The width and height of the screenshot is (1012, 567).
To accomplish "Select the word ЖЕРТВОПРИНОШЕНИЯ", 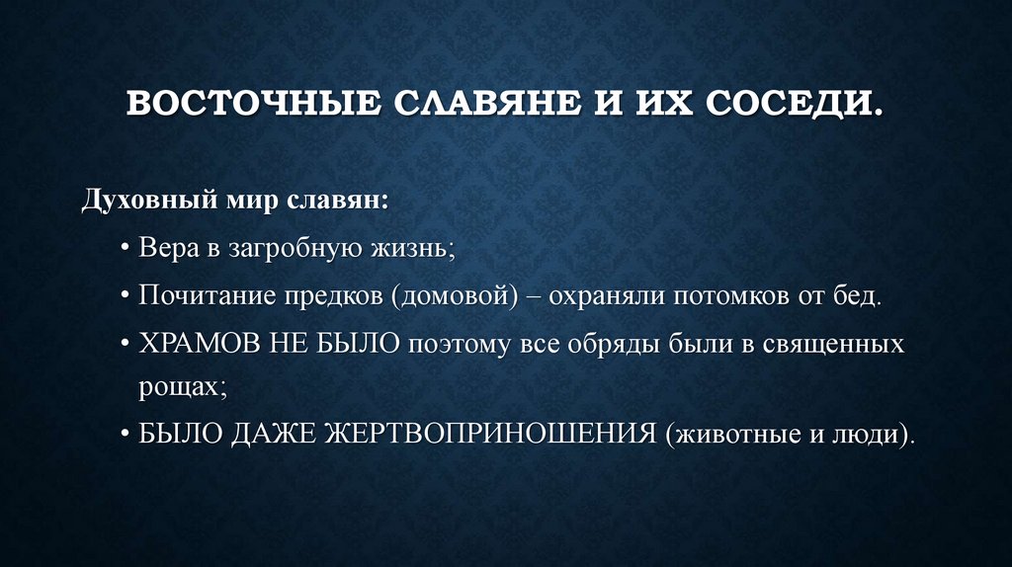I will (x=493, y=435).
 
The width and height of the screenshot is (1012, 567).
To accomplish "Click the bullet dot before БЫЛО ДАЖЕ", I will (x=127, y=435).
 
